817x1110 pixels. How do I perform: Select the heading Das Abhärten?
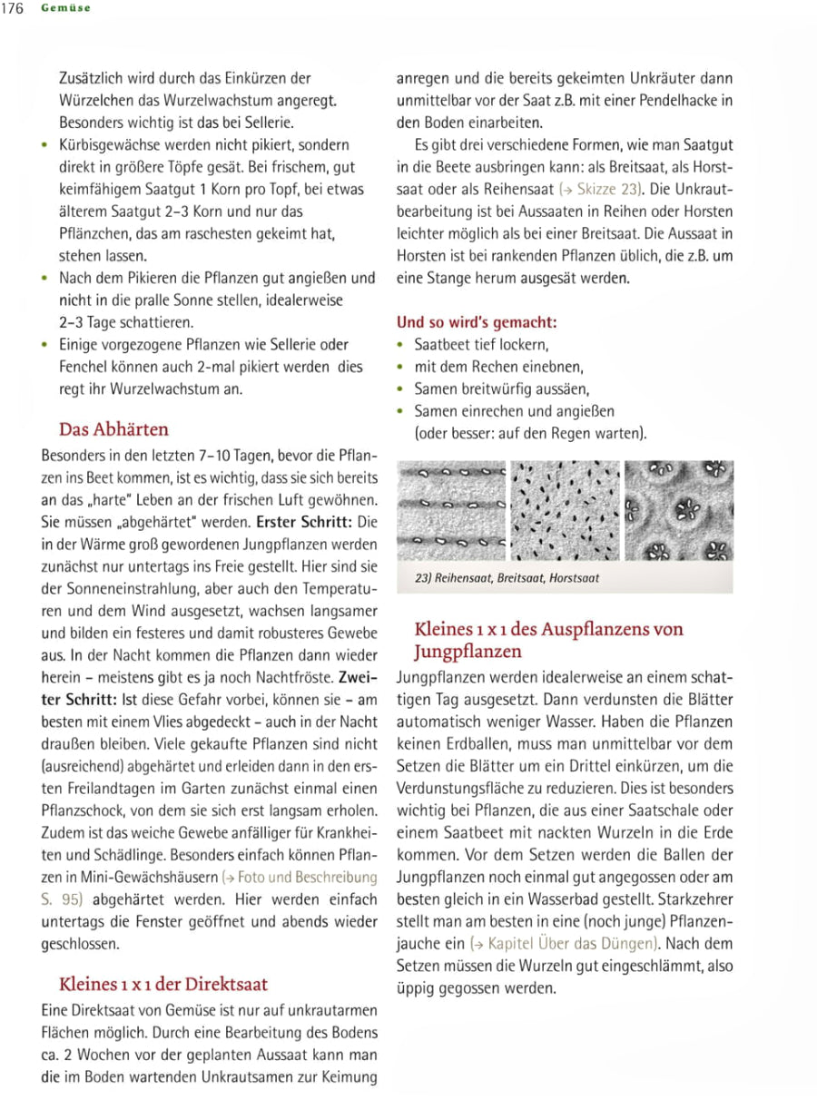click(113, 428)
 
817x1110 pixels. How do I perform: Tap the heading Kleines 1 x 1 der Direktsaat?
click(162, 983)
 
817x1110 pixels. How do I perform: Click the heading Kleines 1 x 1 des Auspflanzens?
click(548, 629)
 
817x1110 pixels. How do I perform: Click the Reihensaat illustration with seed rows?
click(451, 510)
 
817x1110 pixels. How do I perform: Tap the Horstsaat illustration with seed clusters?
click(678, 510)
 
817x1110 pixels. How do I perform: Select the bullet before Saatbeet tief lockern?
click(402, 346)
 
